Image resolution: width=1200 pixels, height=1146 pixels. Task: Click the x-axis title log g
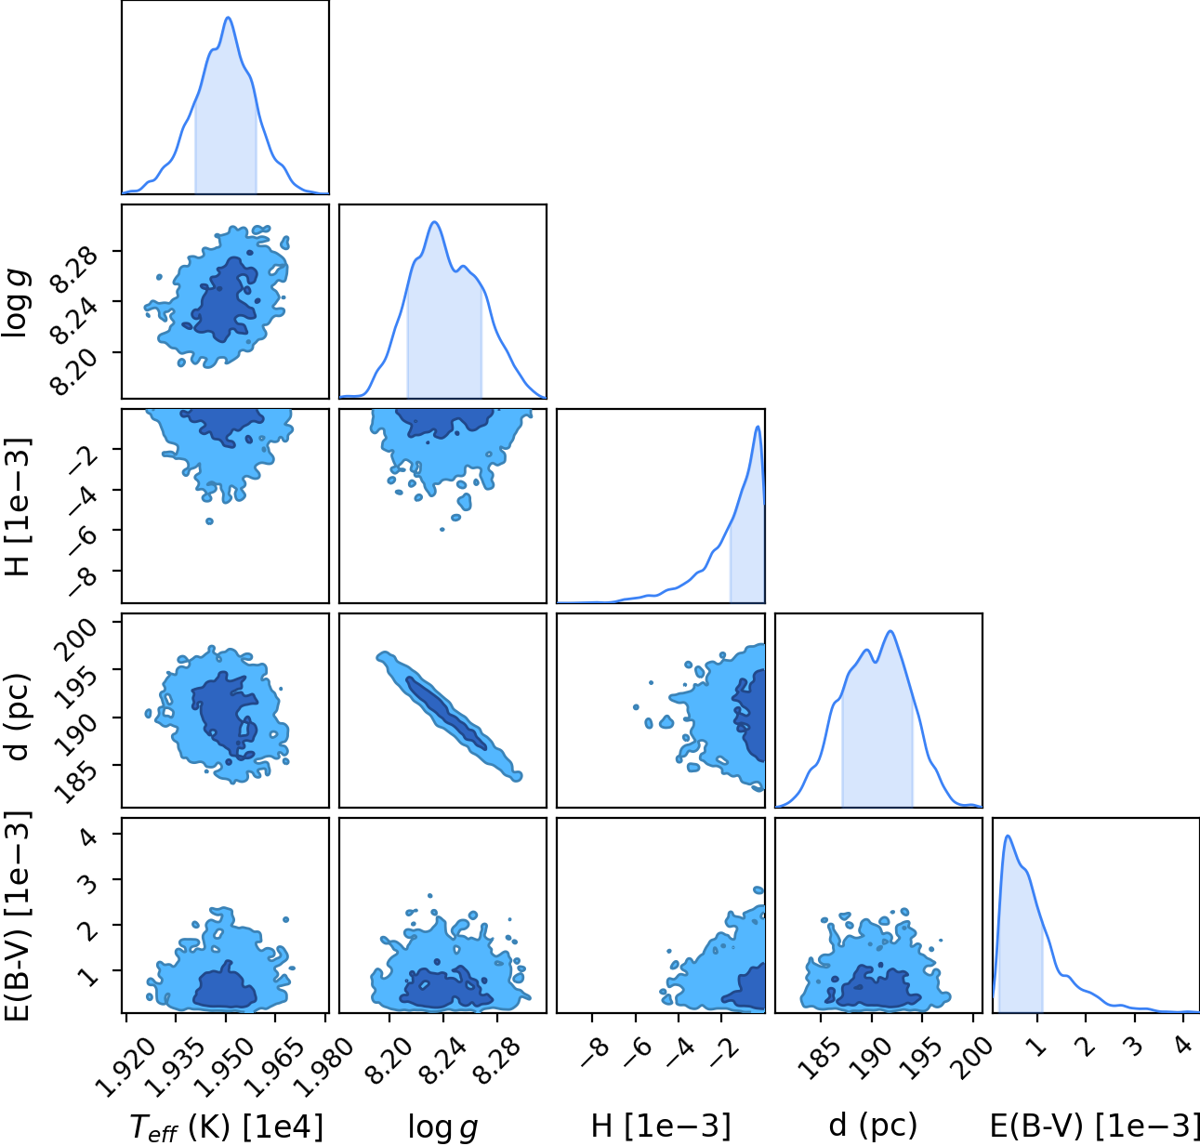[x=442, y=1126]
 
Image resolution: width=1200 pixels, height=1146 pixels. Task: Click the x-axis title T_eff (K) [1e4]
[x=226, y=1127]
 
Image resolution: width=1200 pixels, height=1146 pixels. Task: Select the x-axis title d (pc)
[x=873, y=1125]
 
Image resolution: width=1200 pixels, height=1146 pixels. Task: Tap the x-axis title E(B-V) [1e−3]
[x=1095, y=1126]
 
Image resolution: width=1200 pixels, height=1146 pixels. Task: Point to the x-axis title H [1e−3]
[x=661, y=1126]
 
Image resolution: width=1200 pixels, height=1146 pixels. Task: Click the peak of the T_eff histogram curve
[x=228, y=18]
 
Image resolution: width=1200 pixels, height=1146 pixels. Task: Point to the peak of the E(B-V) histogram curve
[x=1008, y=836]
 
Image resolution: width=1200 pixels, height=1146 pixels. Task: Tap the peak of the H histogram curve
[x=758, y=427]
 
